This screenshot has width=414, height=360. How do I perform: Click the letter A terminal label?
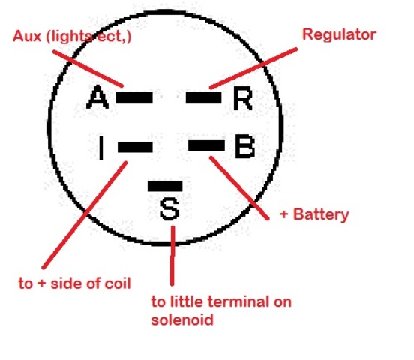point(97,97)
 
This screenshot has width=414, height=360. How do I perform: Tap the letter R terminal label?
point(243,98)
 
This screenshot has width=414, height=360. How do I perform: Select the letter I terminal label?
point(100,148)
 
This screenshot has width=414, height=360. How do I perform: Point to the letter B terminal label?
point(244,146)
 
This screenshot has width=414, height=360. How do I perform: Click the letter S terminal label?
point(169,209)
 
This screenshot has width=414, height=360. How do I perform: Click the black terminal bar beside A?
point(134,97)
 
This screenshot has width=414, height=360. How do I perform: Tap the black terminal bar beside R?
point(204,97)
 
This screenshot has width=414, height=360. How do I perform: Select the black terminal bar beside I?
point(135,147)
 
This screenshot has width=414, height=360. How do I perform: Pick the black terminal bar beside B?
point(206,145)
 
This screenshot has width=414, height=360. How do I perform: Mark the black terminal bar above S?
point(165,186)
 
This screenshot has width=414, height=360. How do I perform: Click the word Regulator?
point(339,34)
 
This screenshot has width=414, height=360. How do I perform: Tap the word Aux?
point(27,36)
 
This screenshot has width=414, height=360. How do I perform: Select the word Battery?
point(321,214)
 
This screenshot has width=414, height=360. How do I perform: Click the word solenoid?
point(182,319)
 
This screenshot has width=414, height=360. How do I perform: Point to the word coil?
point(118,283)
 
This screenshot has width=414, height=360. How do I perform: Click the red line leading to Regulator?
point(253,68)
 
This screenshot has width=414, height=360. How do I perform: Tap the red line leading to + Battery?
point(239,188)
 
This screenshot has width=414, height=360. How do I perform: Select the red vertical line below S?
point(172,256)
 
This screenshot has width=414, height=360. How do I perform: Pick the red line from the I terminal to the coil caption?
point(85,215)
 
